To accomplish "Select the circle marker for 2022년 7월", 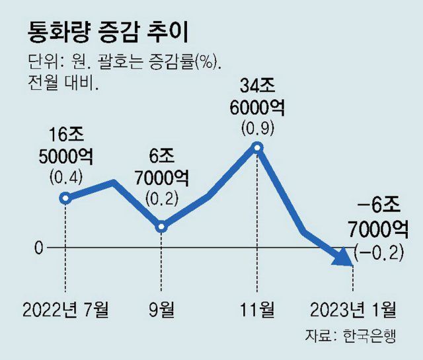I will click(65, 198).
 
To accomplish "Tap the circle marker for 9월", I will click(163, 227).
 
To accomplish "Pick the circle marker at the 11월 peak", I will click(258, 147).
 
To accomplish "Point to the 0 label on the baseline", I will click(38, 248).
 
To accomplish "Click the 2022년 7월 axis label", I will click(66, 308).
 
